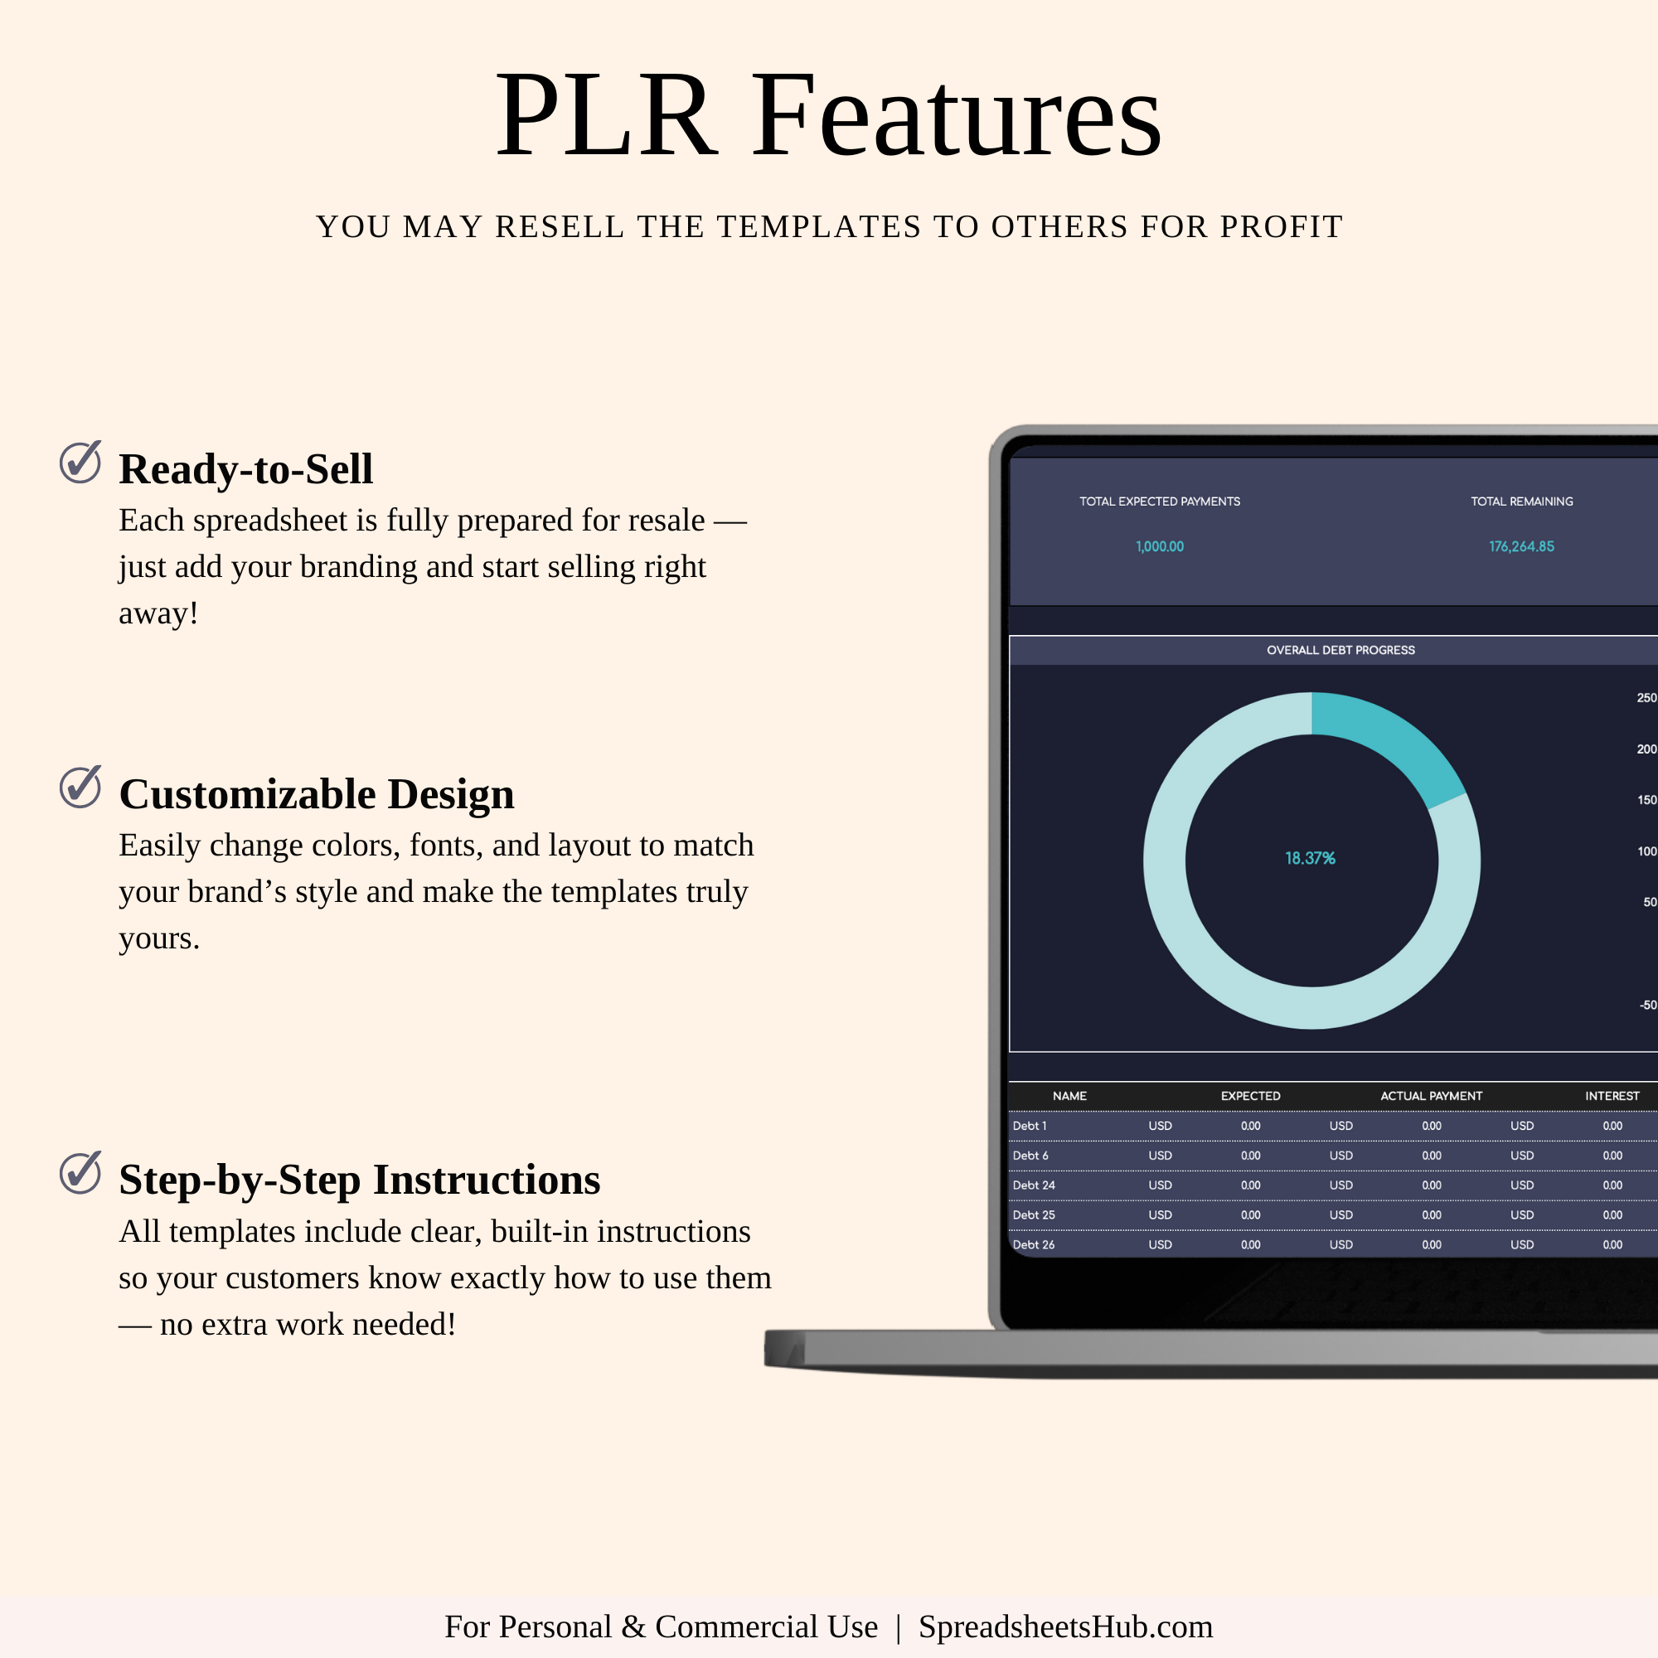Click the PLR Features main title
828,115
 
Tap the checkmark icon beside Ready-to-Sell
80,462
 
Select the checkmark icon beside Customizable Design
80,787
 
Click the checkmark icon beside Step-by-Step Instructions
80,1172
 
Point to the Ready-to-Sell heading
246,468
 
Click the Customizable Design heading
317,794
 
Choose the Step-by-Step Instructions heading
360,1179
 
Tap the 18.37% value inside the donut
1310,858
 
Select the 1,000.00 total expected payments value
1160,546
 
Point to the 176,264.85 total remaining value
1521,546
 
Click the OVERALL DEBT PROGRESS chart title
1340,650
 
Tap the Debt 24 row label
1033,1185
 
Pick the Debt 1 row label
1029,1126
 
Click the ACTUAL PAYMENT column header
1431,1096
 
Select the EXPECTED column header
1250,1096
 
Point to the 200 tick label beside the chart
1647,749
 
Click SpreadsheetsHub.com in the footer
1066,1626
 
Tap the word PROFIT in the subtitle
1282,226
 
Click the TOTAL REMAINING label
1521,502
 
